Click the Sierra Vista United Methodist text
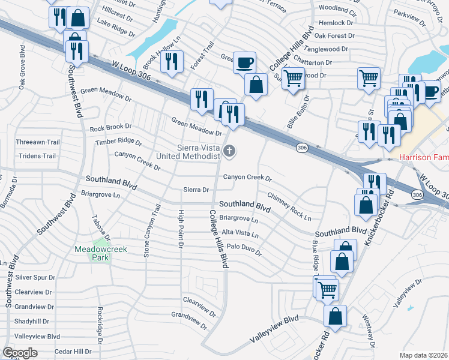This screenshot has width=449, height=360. click(188, 152)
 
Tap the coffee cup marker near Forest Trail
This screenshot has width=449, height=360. click(244, 62)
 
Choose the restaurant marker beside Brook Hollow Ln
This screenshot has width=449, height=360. click(172, 61)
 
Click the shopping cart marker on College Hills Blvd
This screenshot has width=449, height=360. click(292, 77)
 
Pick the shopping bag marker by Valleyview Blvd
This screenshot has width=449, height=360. click(335, 316)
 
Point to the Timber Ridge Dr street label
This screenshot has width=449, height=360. click(118, 143)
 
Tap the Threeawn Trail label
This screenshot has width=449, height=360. click(38, 142)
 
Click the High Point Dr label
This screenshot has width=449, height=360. click(180, 229)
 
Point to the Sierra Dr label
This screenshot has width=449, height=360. click(196, 190)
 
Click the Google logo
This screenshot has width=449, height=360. click(20, 353)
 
